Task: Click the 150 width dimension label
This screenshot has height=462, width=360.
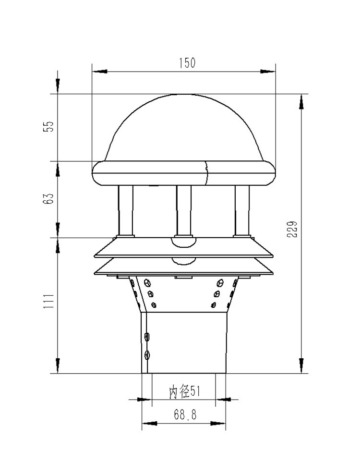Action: click(x=187, y=63)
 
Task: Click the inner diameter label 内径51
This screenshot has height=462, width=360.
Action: click(x=184, y=392)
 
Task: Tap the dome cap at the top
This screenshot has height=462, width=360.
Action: click(x=184, y=127)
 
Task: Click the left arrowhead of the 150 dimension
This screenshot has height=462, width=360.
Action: click(x=99, y=72)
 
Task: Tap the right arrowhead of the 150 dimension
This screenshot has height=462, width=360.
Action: click(x=268, y=72)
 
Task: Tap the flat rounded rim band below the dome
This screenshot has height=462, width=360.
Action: click(x=184, y=173)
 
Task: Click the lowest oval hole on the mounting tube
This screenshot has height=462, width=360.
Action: click(x=147, y=355)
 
